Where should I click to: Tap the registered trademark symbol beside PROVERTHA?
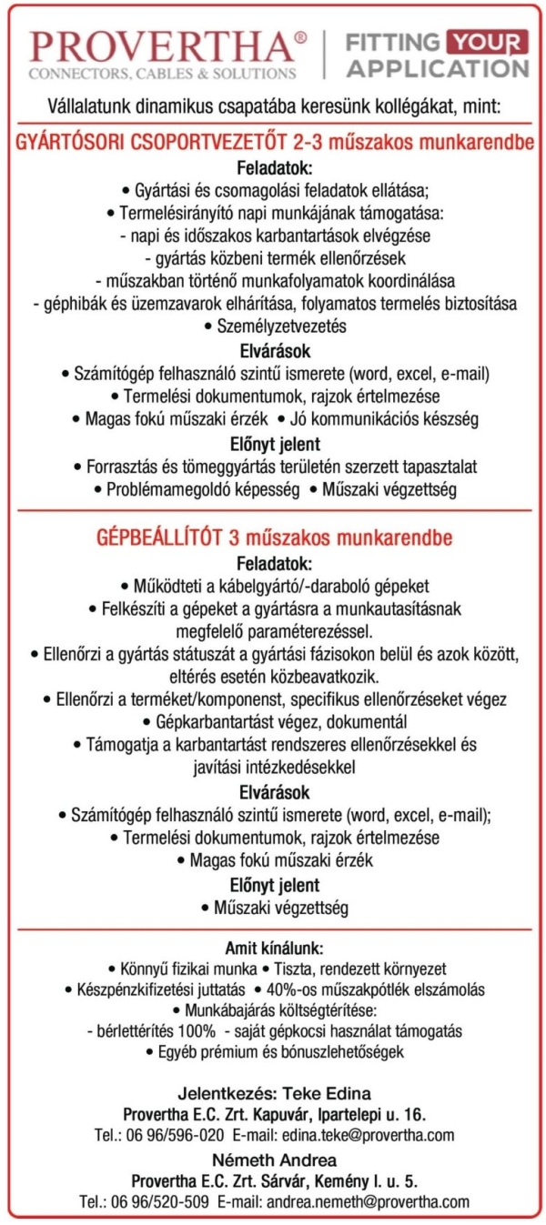click(x=301, y=38)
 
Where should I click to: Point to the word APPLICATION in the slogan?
click(x=438, y=68)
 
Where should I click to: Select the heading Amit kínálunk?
click(x=274, y=948)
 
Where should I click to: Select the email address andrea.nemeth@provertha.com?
click(x=368, y=1201)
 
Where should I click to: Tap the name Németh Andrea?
click(x=274, y=1160)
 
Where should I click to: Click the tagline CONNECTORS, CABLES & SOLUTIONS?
click(x=163, y=73)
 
